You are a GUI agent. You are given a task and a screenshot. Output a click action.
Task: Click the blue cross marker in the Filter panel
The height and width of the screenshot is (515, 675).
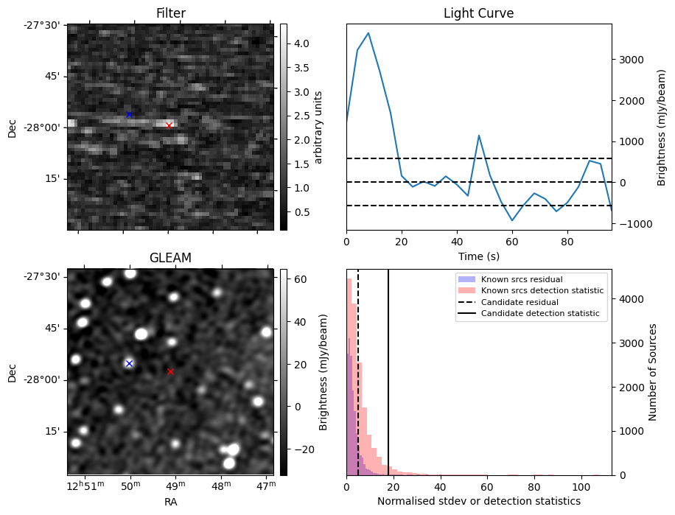click(129, 114)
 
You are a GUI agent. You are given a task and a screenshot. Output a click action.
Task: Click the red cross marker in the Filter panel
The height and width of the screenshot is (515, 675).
click(169, 125)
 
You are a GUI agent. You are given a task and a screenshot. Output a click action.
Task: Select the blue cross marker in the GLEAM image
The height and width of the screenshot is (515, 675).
click(129, 363)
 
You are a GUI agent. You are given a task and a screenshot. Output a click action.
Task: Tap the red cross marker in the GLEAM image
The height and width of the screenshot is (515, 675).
click(170, 371)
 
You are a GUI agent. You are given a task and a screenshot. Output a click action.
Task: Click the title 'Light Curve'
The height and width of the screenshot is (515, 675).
click(478, 13)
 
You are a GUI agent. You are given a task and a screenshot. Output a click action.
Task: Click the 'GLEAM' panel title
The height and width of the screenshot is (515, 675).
click(170, 258)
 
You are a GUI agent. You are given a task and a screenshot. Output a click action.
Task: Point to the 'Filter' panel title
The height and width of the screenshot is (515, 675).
click(170, 13)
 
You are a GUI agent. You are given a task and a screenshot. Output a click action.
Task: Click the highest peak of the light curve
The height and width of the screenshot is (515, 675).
click(368, 33)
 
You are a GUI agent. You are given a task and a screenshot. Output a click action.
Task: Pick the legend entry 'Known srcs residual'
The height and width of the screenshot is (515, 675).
click(521, 279)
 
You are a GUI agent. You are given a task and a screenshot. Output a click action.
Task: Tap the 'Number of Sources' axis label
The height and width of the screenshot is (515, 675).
click(652, 372)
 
